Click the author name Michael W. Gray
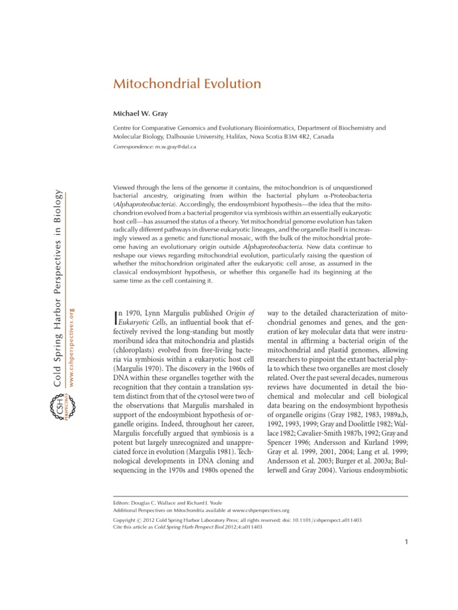[141, 113]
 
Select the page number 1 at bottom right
[406, 541]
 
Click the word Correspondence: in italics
[133, 146]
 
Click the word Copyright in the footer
[127, 519]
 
